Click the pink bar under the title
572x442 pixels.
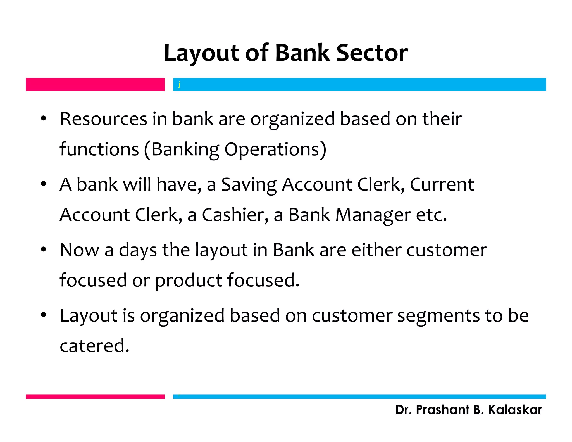[95, 84]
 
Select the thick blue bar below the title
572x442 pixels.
[359, 84]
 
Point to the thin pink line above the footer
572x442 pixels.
[95, 396]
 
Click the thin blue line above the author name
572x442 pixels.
[359, 396]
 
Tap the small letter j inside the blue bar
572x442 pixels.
[179, 84]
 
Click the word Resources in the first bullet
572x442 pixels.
[103, 119]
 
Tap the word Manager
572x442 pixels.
[373, 215]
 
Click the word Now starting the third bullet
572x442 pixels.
[80, 250]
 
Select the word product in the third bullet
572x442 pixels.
[188, 280]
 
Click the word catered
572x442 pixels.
[94, 346]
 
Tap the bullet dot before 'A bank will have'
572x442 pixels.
[43, 184]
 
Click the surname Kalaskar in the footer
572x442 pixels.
[515, 410]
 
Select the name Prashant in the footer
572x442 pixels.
[442, 410]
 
